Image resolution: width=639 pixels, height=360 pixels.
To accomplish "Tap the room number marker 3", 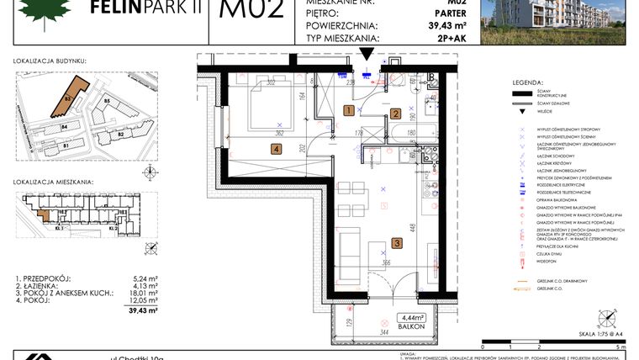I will point(397,244).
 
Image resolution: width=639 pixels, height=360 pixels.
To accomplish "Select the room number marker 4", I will point(276,150).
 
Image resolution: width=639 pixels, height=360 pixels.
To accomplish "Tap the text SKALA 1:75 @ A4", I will point(598,335).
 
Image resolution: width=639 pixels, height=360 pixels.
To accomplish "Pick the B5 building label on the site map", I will point(107,102).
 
